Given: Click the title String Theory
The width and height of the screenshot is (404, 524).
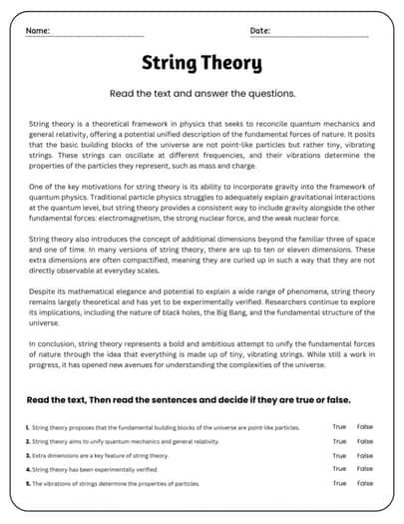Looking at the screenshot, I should coord(202,65).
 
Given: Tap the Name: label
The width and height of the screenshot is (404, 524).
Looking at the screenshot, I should coord(37,31).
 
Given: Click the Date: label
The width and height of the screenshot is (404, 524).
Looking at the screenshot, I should coord(260,31).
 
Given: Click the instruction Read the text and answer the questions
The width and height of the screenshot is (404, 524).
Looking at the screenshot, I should coord(202,94).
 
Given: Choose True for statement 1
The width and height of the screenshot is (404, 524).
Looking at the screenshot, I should coord(339,427).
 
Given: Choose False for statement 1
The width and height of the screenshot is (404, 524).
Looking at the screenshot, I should coord(365,427).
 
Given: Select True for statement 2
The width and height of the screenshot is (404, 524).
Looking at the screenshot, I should coord(339,441).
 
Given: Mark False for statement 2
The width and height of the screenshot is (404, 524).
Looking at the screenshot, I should coord(365,441).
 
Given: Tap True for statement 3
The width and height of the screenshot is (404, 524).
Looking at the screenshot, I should coord(339,455).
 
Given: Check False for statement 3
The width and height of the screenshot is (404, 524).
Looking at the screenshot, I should coord(365,455).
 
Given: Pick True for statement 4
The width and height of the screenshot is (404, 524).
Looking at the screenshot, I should coord(339,469).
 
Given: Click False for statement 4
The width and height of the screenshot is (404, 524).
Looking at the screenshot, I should coord(365,469).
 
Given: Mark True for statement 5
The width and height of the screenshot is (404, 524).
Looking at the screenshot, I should coord(339,483).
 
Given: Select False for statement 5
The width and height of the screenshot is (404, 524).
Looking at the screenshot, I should coord(365,483).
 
